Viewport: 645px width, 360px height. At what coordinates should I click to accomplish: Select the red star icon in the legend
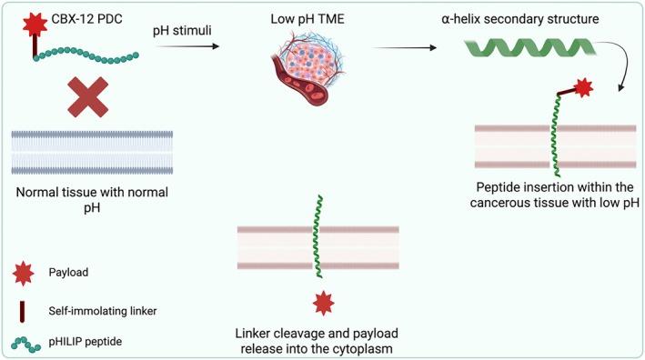tap(22, 271)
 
